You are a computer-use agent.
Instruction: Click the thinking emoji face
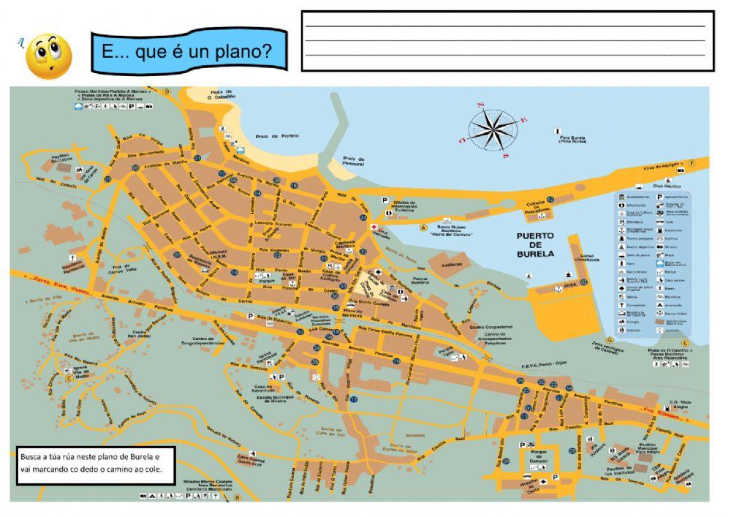pos(48,55)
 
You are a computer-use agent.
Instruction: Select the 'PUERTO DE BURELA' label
pos(534,245)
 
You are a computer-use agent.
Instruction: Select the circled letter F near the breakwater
pos(692,162)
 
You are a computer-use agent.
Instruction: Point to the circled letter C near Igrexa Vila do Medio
pos(69,378)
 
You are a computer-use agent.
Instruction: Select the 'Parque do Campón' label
pos(539,458)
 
